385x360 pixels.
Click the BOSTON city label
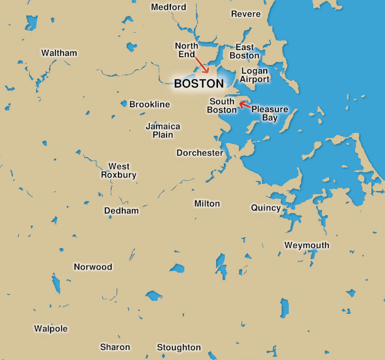pyautogui.click(x=199, y=84)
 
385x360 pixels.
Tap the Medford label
pyautogui.click(x=168, y=7)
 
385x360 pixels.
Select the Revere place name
pyautogui.click(x=246, y=14)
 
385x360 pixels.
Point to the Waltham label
pyautogui.click(x=59, y=53)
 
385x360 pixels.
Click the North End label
pyautogui.click(x=186, y=50)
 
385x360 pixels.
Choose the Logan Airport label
pyautogui.click(x=255, y=75)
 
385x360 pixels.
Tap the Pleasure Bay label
pyautogui.click(x=269, y=114)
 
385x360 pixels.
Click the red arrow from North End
pyautogui.click(x=202, y=64)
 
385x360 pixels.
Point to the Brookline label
pyautogui.click(x=150, y=104)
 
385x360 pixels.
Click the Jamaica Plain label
pyautogui.click(x=163, y=130)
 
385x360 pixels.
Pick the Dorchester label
pyautogui.click(x=200, y=153)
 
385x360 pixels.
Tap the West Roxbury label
pyautogui.click(x=118, y=171)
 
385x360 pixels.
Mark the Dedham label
pyautogui.click(x=121, y=211)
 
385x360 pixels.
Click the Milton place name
pyautogui.click(x=207, y=204)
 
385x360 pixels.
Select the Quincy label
pyautogui.click(x=266, y=208)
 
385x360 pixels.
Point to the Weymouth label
pyautogui.click(x=307, y=245)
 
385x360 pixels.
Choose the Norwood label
pyautogui.click(x=93, y=267)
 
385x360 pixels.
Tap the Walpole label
pyautogui.click(x=51, y=329)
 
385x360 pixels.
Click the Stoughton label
pyautogui.click(x=179, y=347)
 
